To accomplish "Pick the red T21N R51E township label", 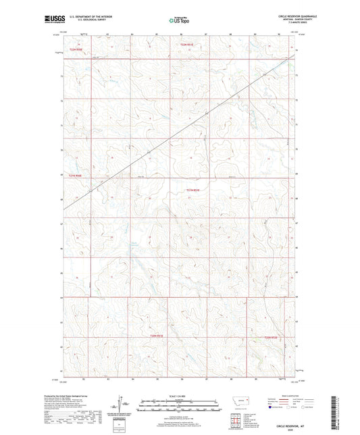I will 192,190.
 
